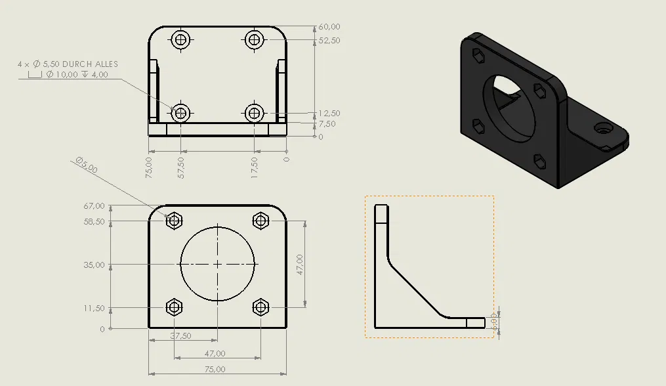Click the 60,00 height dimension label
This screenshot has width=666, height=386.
[x=329, y=27]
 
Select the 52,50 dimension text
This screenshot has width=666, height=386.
[x=329, y=40]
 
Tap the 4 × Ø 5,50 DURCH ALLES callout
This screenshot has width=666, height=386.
[x=68, y=64]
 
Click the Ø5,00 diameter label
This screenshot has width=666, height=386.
[x=86, y=165]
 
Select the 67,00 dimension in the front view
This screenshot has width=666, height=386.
[x=94, y=206]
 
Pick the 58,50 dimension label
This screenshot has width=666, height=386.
[x=94, y=222]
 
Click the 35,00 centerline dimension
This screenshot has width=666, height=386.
[x=94, y=265]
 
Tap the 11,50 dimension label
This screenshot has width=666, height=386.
[x=94, y=308]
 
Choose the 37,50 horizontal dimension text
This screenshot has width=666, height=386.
[x=180, y=335]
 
